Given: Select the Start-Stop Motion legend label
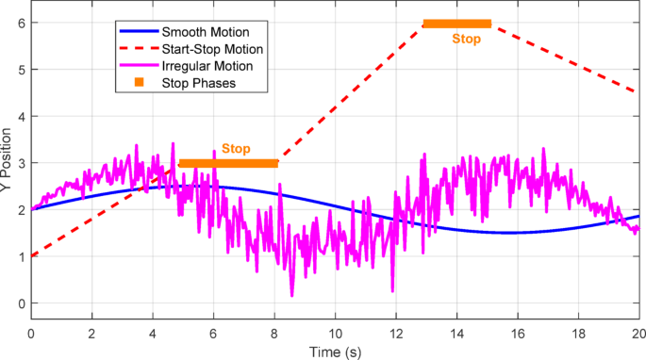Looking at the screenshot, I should point(217,47).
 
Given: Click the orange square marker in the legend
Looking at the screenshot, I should point(139,83).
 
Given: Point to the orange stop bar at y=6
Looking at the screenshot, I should point(457,24).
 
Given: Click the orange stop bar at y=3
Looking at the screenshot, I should point(229,163).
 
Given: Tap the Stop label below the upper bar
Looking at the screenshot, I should point(466,40).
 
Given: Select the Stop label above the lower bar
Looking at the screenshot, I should point(236,149).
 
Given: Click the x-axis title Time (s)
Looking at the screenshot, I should point(335,352).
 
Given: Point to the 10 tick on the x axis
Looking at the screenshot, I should point(335,334).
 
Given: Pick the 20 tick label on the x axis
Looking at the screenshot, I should point(638,334).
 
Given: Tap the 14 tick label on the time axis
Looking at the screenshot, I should point(456,334).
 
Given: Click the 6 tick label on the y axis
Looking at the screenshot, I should point(19,24).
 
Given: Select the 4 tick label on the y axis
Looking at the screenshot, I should point(19,117).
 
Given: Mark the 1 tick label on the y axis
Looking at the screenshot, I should point(19,256).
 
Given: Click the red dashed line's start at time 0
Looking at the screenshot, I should point(32,256).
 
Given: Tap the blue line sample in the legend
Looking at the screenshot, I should point(139,29).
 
